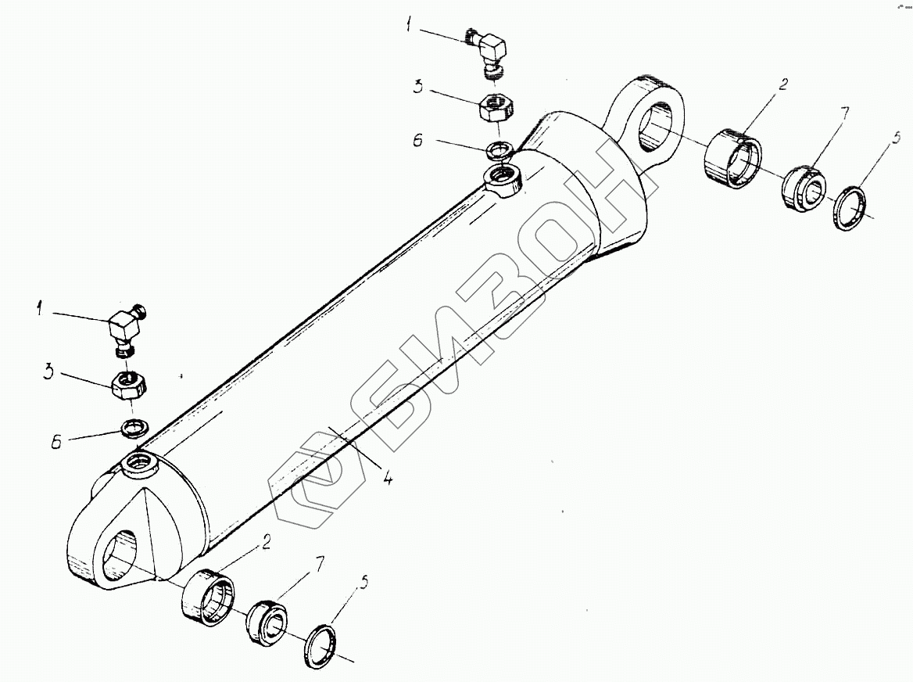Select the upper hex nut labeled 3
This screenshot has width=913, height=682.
[x=495, y=107]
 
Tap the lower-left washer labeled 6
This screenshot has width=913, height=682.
[x=134, y=427]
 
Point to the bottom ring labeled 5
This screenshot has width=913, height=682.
[x=320, y=645]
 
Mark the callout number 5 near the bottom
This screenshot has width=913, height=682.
[x=362, y=583]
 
